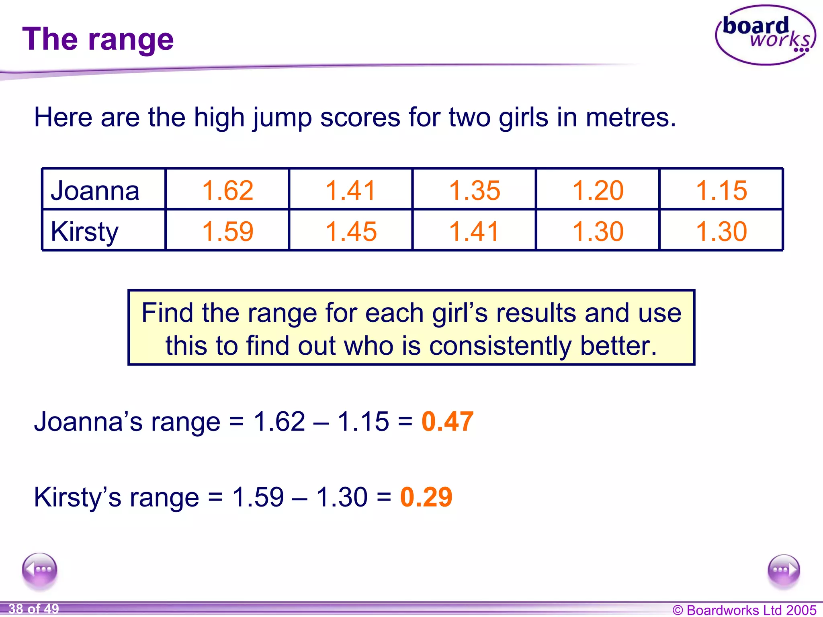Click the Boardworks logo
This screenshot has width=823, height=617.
click(x=765, y=35)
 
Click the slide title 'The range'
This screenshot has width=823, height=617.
click(x=98, y=39)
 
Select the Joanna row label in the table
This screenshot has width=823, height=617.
click(x=95, y=190)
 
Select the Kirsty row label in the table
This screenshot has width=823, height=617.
click(x=85, y=231)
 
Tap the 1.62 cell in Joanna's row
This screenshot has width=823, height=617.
click(x=227, y=190)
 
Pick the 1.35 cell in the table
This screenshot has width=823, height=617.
click(x=474, y=190)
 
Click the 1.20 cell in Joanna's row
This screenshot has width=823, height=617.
click(x=598, y=190)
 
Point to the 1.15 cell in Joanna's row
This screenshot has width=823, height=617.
click(x=721, y=190)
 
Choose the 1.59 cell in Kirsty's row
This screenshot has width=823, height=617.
click(x=227, y=231)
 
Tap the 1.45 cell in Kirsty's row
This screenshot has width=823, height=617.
click(x=351, y=231)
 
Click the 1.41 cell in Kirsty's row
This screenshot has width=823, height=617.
click(x=474, y=231)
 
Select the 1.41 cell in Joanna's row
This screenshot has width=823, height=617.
click(x=351, y=190)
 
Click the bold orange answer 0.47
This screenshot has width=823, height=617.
click(x=447, y=421)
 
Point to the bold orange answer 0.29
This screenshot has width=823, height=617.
click(x=426, y=497)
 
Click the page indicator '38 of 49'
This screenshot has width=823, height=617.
click(x=34, y=609)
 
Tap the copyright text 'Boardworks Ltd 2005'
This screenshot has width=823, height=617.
click(x=751, y=610)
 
